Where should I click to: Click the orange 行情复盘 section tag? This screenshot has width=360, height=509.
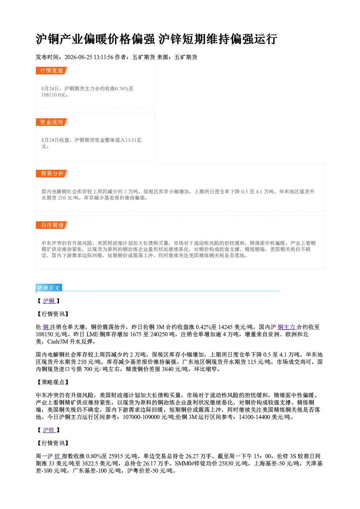pos(52,70)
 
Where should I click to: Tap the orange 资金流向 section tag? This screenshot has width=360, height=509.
pos(52,122)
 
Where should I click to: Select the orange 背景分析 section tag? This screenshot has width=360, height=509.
pos(52,174)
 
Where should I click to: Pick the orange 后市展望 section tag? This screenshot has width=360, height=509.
pos(52,225)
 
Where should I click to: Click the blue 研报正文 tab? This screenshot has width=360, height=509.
pos(49,288)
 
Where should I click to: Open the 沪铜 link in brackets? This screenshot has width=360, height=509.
pos(49,301)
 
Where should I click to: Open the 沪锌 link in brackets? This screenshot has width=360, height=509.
pos(49,430)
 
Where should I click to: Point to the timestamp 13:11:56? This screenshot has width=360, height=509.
pos(103,57)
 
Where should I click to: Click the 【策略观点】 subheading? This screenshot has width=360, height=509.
pos(52,382)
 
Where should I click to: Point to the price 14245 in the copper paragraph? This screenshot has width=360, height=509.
pos(225,327)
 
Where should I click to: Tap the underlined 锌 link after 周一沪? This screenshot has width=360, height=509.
pos(57,456)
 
